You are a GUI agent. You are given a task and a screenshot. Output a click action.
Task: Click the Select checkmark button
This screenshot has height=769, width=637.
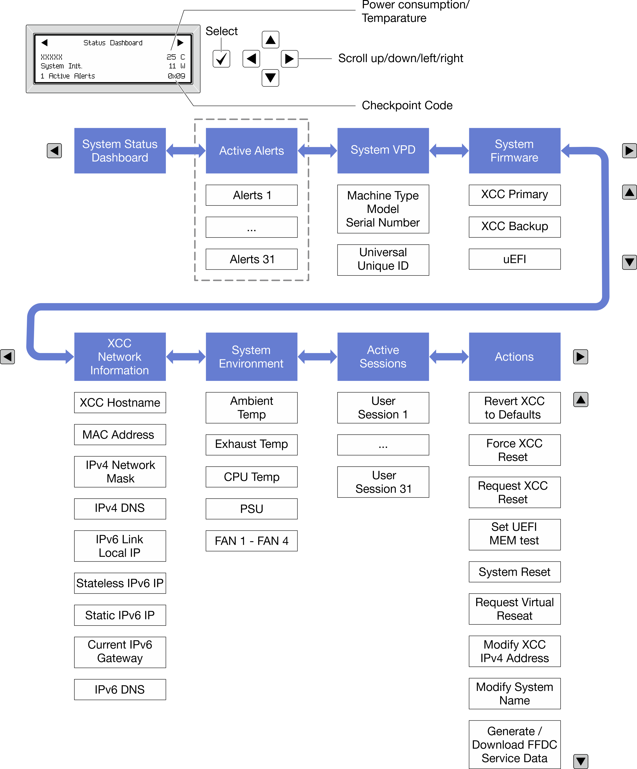point(221,59)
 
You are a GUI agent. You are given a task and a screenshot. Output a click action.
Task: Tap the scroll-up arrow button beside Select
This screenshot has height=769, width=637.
point(270,40)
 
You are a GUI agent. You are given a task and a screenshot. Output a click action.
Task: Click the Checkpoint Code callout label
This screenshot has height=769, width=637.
point(407,105)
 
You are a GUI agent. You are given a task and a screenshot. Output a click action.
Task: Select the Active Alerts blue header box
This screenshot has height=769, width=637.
point(251,151)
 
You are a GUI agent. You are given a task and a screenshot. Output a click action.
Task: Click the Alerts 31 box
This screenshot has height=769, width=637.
point(251,259)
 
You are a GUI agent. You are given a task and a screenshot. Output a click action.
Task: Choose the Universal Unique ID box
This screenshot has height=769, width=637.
point(383,259)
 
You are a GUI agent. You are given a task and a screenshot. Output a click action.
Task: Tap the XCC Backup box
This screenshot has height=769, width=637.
point(514,227)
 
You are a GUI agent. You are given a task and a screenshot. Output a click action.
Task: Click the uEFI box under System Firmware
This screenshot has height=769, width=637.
point(514,259)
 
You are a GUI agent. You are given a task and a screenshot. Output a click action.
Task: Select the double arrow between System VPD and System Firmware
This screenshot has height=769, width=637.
point(449,151)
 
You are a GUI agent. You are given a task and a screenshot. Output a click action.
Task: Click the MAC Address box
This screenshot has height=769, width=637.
point(120,435)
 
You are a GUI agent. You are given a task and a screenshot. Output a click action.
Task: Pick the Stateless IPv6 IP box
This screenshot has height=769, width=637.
point(120,583)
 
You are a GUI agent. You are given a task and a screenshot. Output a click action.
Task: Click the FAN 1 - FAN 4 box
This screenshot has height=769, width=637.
point(251,541)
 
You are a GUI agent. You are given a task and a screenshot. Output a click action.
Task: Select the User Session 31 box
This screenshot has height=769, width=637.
point(383,482)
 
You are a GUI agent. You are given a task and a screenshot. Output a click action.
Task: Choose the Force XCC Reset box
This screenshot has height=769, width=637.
point(514,450)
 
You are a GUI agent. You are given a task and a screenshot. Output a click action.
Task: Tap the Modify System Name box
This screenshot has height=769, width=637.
point(514,693)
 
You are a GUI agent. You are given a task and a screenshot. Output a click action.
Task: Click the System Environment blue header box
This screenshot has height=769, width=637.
point(251,357)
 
